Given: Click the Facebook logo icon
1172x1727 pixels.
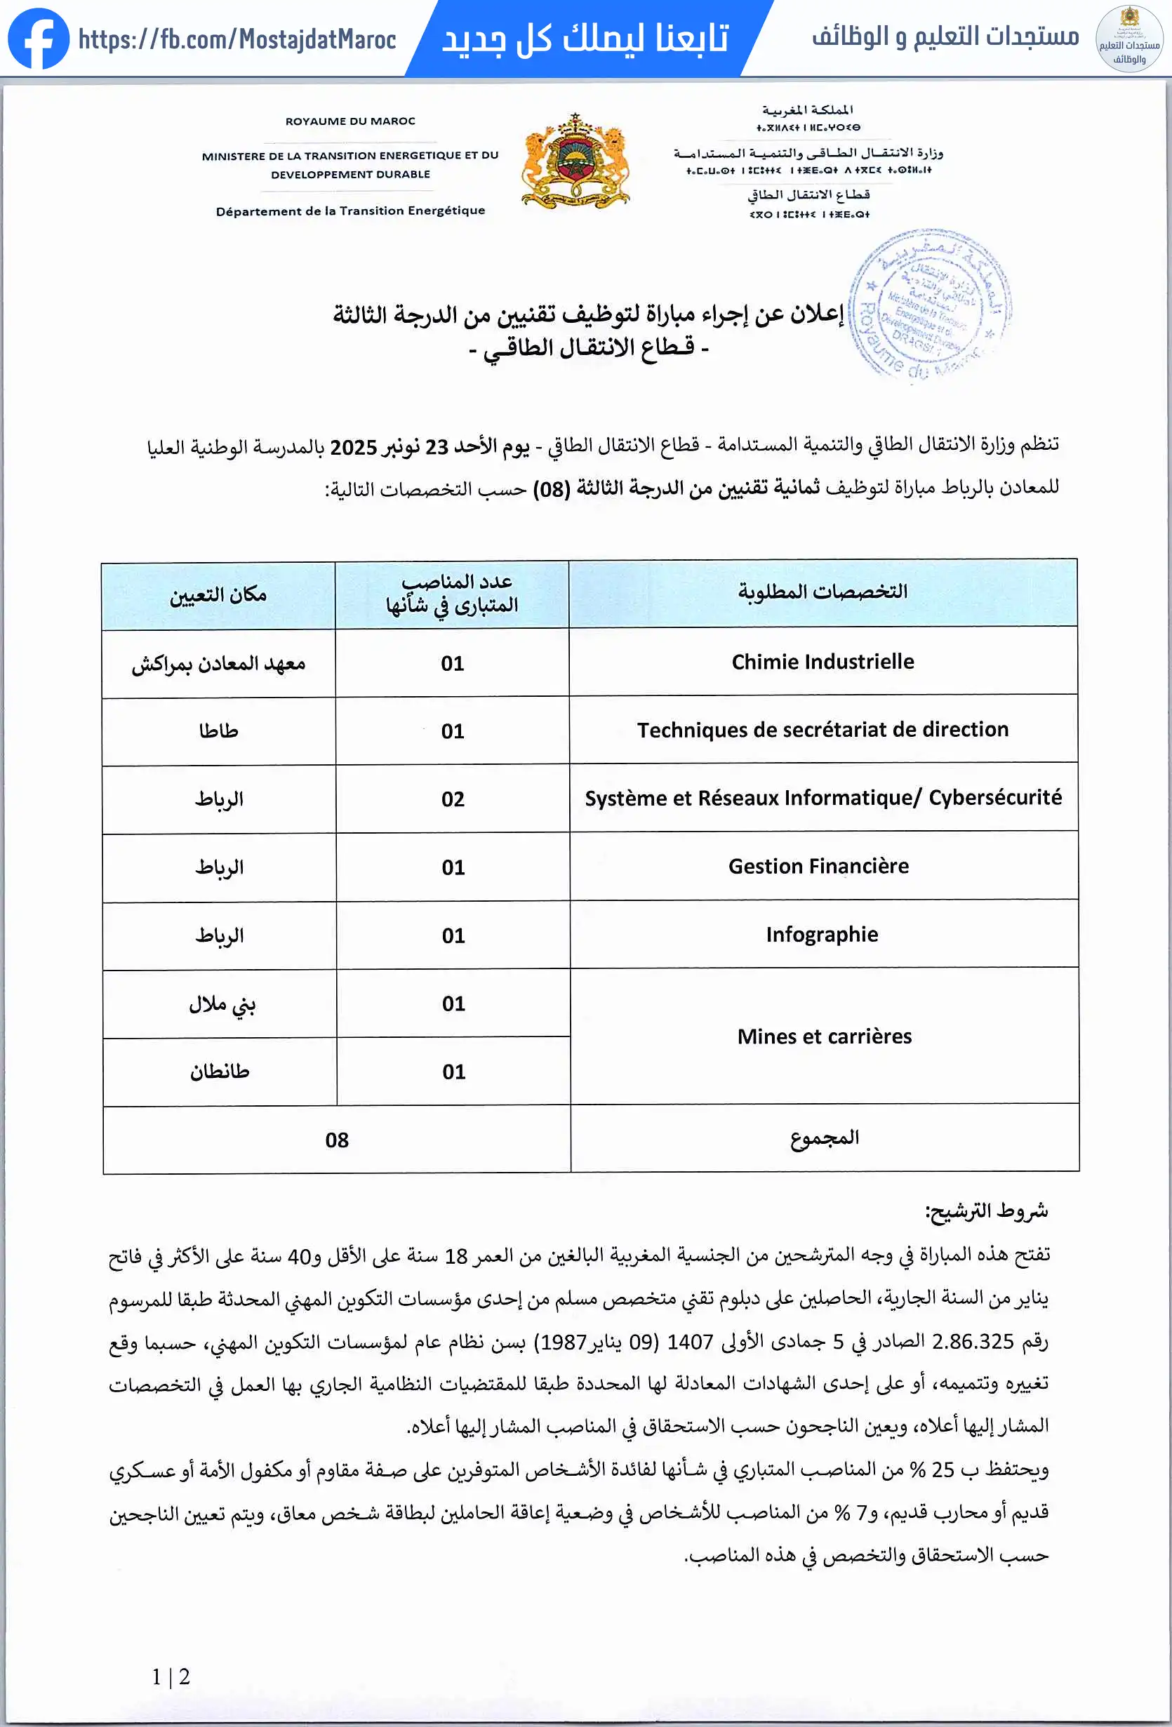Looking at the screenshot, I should [x=38, y=39].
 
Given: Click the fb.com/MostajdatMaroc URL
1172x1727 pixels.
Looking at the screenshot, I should [x=237, y=39].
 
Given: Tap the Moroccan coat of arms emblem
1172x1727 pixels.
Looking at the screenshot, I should [x=576, y=161].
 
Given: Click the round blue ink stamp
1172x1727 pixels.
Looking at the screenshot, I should [x=929, y=305].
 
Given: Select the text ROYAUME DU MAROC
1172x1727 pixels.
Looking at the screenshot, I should [x=350, y=121].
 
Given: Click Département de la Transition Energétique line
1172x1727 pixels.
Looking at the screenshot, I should [x=350, y=211].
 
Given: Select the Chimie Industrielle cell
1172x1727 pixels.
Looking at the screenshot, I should [x=823, y=661].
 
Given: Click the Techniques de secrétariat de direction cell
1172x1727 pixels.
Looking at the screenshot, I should [x=823, y=730].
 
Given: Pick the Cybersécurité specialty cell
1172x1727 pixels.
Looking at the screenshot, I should [x=823, y=798].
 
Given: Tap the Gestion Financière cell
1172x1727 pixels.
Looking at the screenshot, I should [x=818, y=867].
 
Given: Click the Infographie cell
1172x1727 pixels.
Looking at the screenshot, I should [x=822, y=934].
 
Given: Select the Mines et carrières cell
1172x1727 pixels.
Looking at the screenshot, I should [x=824, y=1036].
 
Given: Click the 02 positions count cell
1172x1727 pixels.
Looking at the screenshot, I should [x=453, y=799].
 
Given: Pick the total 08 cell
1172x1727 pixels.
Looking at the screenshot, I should [x=337, y=1139].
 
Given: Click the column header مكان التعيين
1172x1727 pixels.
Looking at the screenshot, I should [x=218, y=594].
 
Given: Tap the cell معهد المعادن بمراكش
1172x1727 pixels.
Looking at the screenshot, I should [x=218, y=664].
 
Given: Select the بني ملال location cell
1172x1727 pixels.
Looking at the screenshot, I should [x=222, y=1004].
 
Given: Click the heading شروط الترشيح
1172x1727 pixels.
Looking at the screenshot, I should [x=986, y=1211].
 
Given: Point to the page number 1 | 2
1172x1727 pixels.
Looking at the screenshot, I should [x=171, y=1676].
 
